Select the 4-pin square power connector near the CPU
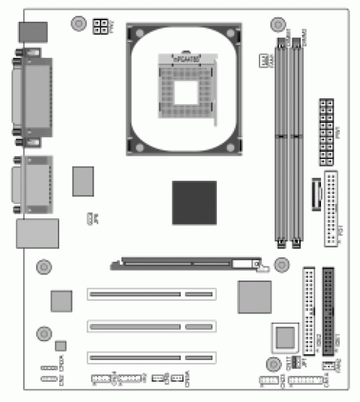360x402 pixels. pos(99,28)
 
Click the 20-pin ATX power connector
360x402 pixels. pos(326,131)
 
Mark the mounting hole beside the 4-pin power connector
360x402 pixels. pos(78,24)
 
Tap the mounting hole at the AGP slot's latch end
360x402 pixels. pos(282,264)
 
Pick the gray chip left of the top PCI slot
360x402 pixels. pos(61,300)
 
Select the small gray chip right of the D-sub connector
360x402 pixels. pos(83,180)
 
